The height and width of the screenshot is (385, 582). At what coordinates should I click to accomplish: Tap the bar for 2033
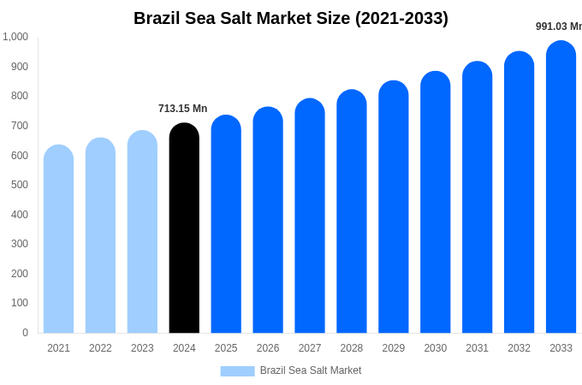coord(561,188)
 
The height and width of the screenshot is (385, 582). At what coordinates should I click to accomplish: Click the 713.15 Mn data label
coord(182,109)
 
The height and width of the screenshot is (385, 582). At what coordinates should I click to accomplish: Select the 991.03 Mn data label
coord(558,27)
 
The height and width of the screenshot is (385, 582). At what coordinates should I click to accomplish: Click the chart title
coord(291,18)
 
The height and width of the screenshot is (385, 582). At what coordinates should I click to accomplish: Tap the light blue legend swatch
coord(237,371)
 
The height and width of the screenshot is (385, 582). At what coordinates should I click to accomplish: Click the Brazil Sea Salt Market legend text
coord(311,370)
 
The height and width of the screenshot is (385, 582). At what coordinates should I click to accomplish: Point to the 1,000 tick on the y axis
coord(15,37)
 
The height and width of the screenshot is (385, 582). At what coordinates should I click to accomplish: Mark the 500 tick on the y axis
coord(19,185)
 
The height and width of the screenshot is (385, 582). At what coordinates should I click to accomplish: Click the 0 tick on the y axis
coord(25,333)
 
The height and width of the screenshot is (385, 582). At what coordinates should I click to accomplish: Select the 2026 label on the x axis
coord(268,348)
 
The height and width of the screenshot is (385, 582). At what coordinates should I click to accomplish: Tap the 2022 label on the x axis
coord(100,348)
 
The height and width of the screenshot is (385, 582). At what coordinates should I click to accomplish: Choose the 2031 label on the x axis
coord(477,348)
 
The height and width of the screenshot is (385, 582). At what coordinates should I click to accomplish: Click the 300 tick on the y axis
coord(19,244)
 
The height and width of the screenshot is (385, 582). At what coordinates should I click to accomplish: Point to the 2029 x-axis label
coord(394,348)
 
